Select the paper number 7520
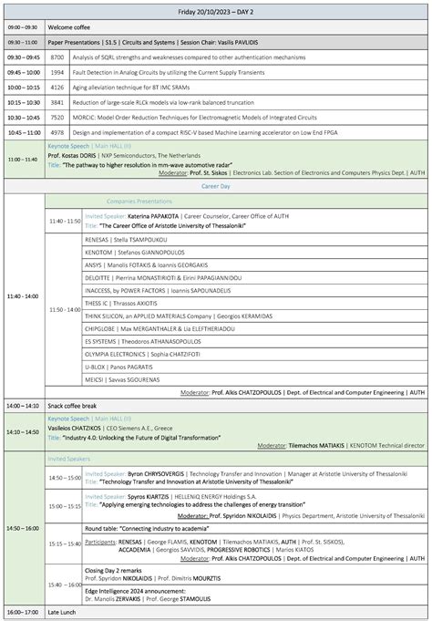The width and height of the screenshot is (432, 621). coord(57,117)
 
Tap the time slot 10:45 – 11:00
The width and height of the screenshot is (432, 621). coord(23,131)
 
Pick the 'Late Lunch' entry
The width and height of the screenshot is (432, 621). coord(66,611)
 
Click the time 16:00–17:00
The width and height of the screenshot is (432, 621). coord(23,611)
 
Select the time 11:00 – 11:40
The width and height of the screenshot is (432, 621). coord(23,159)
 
